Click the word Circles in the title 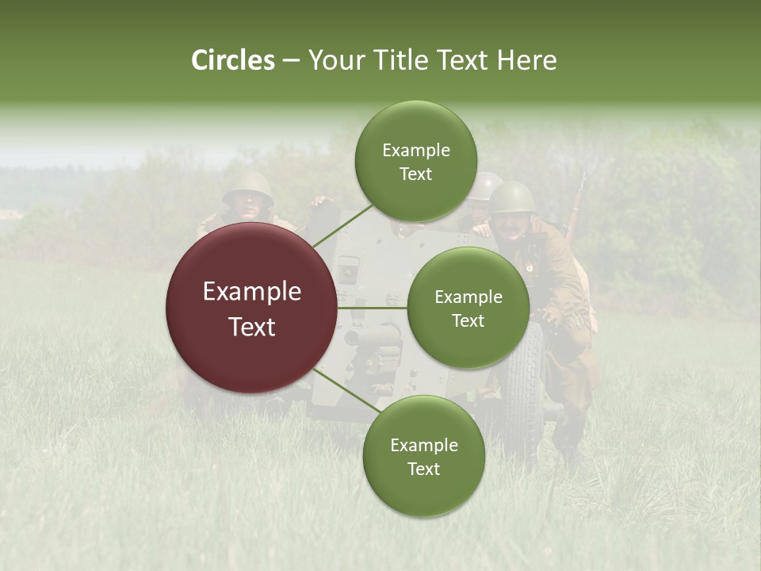[233, 60]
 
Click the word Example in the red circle [251, 292]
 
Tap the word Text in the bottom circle [423, 469]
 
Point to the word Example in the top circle [415, 150]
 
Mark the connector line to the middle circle [373, 308]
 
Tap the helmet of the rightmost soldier [511, 195]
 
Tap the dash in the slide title [291, 61]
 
